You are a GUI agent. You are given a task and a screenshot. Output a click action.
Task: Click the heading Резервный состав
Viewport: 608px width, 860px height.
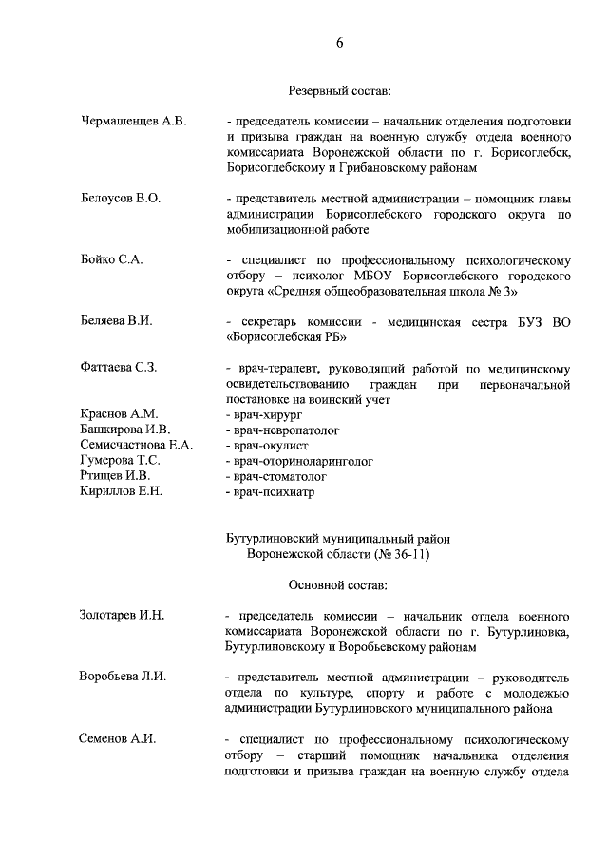tap(339, 91)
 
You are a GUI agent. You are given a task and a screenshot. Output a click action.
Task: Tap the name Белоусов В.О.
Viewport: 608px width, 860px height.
tap(121, 199)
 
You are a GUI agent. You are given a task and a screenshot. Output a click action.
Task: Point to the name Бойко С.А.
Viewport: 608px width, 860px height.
tap(111, 259)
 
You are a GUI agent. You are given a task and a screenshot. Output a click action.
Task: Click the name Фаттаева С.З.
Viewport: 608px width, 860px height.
tap(119, 367)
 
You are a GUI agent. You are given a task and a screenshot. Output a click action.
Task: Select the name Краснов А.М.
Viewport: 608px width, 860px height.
tap(119, 414)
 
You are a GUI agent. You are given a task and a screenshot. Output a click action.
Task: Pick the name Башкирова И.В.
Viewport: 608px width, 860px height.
tap(124, 430)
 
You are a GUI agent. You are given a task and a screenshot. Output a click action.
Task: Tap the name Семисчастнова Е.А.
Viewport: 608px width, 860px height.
tap(137, 445)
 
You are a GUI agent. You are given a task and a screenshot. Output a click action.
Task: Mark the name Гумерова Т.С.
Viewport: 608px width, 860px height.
tap(121, 460)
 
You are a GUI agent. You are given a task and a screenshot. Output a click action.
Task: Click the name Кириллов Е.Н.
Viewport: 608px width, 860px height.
tap(122, 490)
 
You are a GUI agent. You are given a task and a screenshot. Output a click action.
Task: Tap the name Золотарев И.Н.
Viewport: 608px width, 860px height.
tap(122, 615)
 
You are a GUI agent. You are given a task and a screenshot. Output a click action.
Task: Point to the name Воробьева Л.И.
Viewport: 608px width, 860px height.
tap(123, 677)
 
